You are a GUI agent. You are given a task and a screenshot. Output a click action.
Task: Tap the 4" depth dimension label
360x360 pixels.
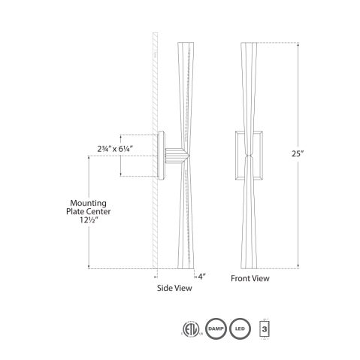[x=201, y=274]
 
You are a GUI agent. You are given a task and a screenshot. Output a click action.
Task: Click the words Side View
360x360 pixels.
[x=172, y=287]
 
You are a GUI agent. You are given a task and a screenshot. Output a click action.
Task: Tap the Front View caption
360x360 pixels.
[x=251, y=278]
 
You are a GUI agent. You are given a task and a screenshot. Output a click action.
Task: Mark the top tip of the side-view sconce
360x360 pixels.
[x=180, y=43]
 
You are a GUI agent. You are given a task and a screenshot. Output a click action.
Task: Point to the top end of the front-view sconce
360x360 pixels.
[x=250, y=44]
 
